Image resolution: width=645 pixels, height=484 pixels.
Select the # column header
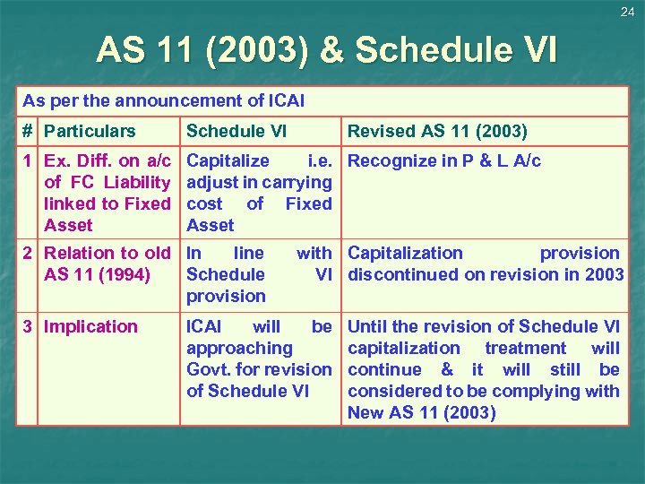click(x=28, y=131)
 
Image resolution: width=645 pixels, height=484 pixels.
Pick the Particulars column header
click(x=90, y=131)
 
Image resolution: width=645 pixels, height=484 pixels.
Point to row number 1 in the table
click(x=28, y=161)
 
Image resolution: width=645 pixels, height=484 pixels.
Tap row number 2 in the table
click(x=28, y=254)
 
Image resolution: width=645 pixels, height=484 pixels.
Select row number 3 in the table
click(x=28, y=327)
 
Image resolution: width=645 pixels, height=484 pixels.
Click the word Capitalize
click(x=228, y=161)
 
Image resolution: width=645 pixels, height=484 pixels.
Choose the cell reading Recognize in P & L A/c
click(x=444, y=161)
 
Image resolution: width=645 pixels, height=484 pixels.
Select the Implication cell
click(x=90, y=327)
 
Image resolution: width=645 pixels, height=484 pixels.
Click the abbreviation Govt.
click(x=207, y=369)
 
